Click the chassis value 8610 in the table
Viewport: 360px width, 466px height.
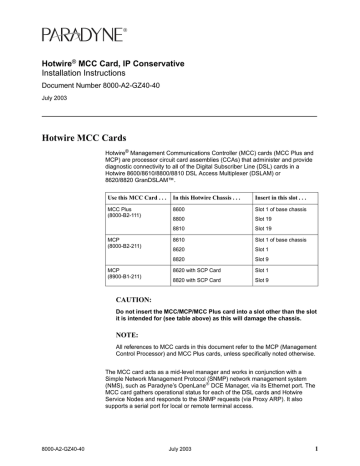point(180,241)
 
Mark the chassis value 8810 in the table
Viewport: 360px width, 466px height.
point(180,228)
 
